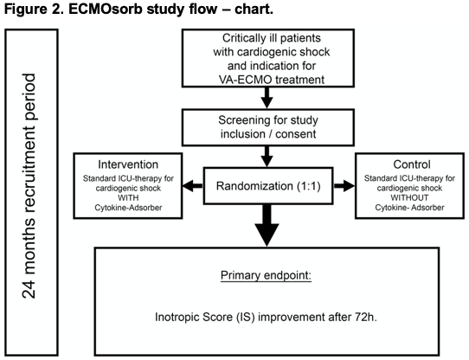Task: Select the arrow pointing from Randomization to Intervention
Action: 192,186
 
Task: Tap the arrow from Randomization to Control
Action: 344,186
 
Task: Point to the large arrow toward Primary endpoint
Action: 267,225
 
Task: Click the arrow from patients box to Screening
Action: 267,98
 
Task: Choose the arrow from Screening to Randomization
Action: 267,157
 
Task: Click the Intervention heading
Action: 128,164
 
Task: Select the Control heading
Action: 412,164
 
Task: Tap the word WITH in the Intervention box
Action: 128,198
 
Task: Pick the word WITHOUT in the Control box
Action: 409,198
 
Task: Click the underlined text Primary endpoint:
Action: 266,275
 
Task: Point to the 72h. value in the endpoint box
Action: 366,317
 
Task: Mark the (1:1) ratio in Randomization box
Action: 309,186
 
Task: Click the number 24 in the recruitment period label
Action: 29,288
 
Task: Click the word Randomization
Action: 254,186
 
